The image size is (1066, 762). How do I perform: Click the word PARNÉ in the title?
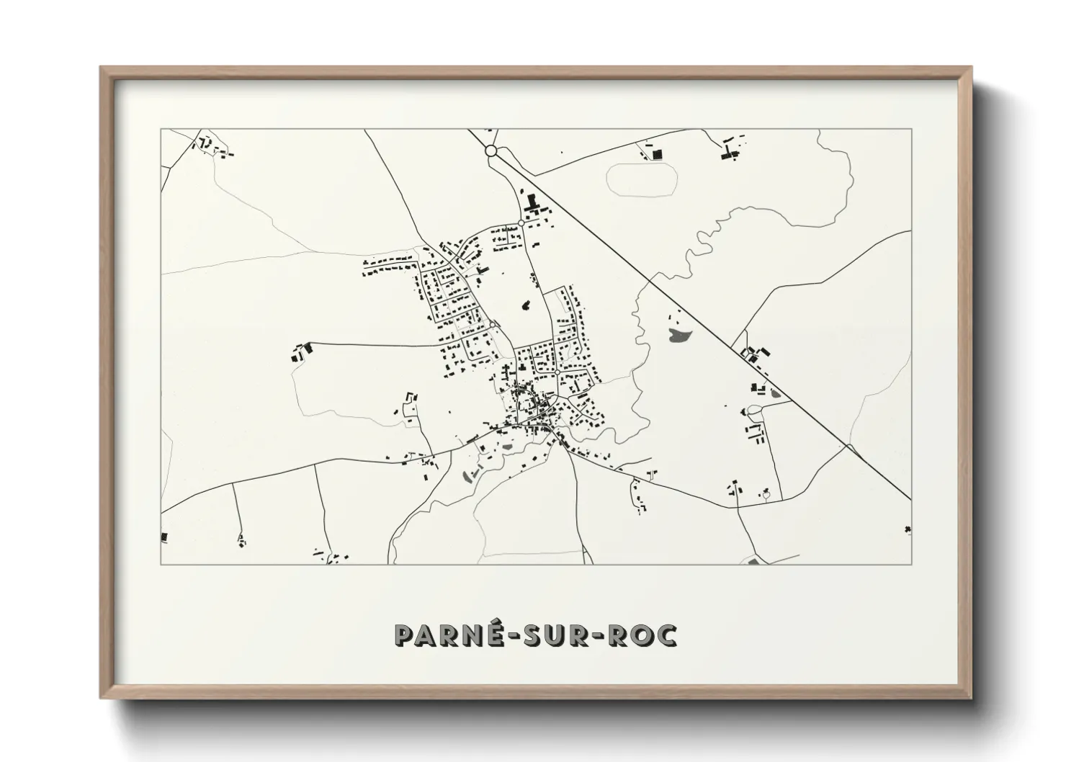point(442,635)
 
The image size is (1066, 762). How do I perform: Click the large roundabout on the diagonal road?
point(491,151)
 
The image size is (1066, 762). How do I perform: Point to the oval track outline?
point(642,179)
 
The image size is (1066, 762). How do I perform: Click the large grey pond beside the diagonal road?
point(679,333)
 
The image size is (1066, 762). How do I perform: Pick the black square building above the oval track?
point(656,153)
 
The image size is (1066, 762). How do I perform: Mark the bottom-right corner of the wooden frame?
point(970,699)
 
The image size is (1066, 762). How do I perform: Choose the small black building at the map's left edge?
point(164,537)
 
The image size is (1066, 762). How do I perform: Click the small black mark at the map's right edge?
point(908,530)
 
